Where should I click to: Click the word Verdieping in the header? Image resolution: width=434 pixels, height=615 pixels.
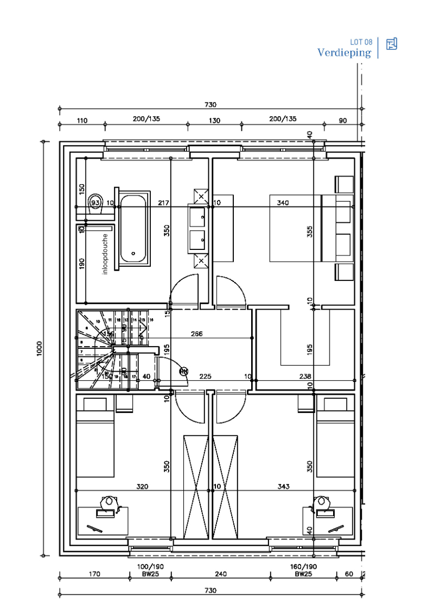click(x=344, y=53)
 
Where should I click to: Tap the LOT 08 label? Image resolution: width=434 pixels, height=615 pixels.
click(x=361, y=42)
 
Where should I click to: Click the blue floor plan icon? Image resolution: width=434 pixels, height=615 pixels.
click(x=392, y=44)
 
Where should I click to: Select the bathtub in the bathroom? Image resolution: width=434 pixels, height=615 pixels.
click(x=133, y=228)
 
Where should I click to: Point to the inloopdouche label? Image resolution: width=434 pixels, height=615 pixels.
click(x=105, y=254)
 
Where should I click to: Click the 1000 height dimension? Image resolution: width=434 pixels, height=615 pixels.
click(x=39, y=348)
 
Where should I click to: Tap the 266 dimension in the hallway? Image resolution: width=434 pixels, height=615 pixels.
click(x=196, y=334)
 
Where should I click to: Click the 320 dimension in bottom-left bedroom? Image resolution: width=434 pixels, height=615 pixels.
click(x=142, y=487)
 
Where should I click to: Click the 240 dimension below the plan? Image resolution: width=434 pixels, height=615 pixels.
click(x=221, y=573)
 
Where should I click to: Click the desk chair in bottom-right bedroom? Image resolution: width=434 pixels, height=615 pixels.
click(x=323, y=501)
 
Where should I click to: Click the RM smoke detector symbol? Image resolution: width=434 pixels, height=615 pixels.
click(x=184, y=372)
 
